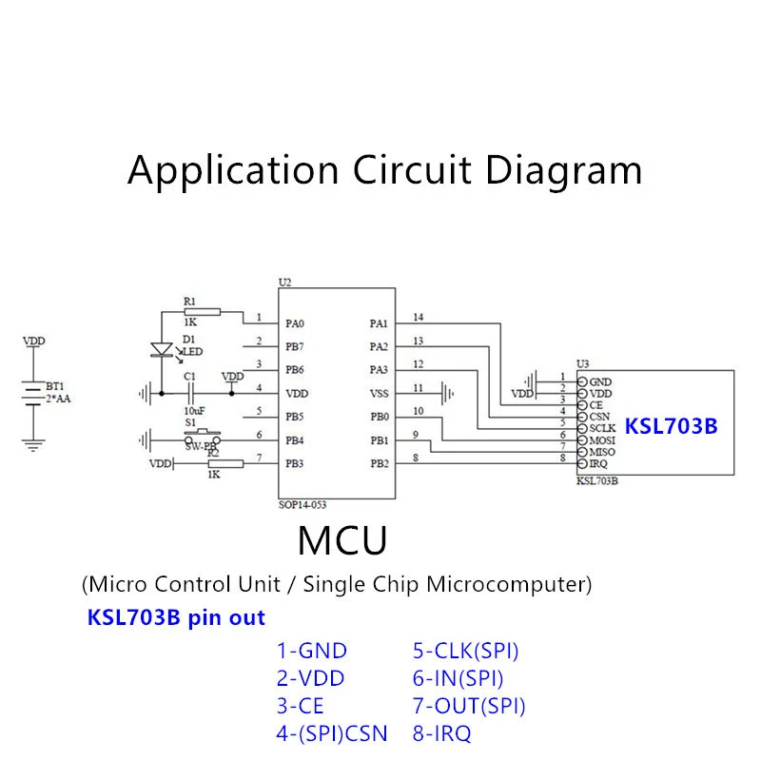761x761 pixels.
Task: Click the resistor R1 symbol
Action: [203, 312]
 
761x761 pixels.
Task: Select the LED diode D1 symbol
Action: [162, 349]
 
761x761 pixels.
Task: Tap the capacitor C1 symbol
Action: [190, 393]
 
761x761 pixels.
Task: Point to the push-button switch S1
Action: [203, 437]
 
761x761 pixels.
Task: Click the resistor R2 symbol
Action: [225, 464]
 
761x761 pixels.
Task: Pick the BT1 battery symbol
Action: [33, 393]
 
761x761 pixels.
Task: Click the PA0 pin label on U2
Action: [295, 323]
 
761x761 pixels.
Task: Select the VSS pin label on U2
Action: [379, 394]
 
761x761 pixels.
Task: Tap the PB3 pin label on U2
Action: [295, 463]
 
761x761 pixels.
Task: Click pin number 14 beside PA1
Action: [418, 317]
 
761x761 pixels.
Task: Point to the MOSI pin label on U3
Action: [602, 440]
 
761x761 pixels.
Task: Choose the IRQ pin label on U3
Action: [598, 463]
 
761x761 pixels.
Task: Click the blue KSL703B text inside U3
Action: [671, 426]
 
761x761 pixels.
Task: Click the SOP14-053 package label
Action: [302, 505]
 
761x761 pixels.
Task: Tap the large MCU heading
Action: [342, 540]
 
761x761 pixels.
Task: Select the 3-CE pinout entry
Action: [300, 706]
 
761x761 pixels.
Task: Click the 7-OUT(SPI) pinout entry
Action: [469, 706]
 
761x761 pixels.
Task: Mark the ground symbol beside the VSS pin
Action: [447, 394]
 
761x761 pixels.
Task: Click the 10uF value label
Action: [194, 411]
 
